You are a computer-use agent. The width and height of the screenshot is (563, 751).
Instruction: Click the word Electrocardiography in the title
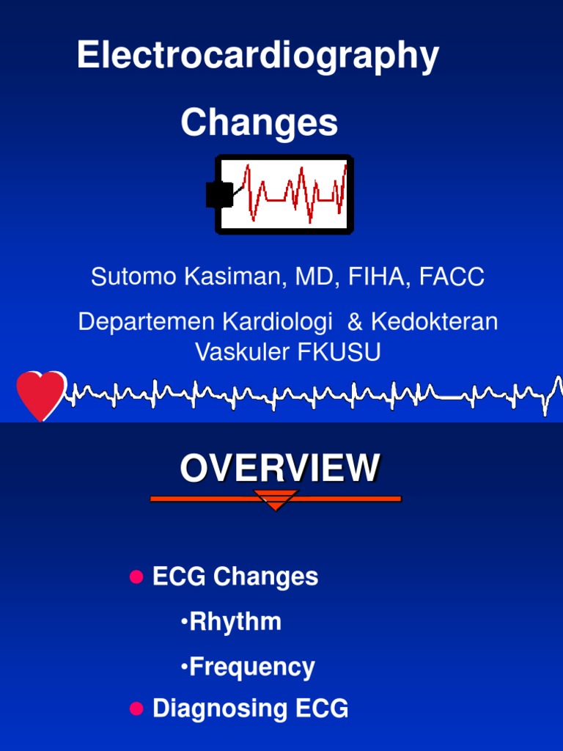(257, 56)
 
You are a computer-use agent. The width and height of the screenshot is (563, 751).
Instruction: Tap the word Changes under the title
(259, 122)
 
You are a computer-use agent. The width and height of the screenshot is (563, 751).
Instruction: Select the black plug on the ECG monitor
(218, 194)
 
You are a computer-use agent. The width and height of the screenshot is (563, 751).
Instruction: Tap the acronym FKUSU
(340, 353)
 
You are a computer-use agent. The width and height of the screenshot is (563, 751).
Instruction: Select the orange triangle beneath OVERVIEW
(276, 500)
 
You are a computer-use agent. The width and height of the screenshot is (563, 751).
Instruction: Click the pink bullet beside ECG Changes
(136, 577)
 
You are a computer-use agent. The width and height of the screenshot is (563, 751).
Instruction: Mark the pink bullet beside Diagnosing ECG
(136, 708)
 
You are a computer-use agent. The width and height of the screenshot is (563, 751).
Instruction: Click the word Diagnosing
(207, 708)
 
